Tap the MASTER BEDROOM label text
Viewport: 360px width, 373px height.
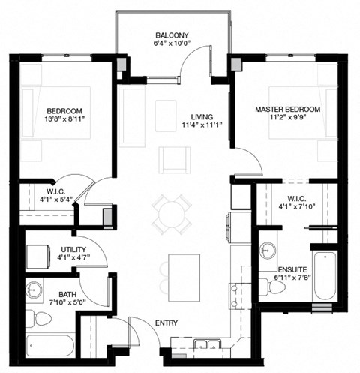click(287, 110)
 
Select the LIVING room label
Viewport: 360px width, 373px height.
click(202, 117)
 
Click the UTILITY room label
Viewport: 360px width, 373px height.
click(73, 249)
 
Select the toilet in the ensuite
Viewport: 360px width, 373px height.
click(268, 285)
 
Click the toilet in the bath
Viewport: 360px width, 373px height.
click(38, 319)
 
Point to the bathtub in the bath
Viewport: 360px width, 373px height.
click(49, 347)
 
